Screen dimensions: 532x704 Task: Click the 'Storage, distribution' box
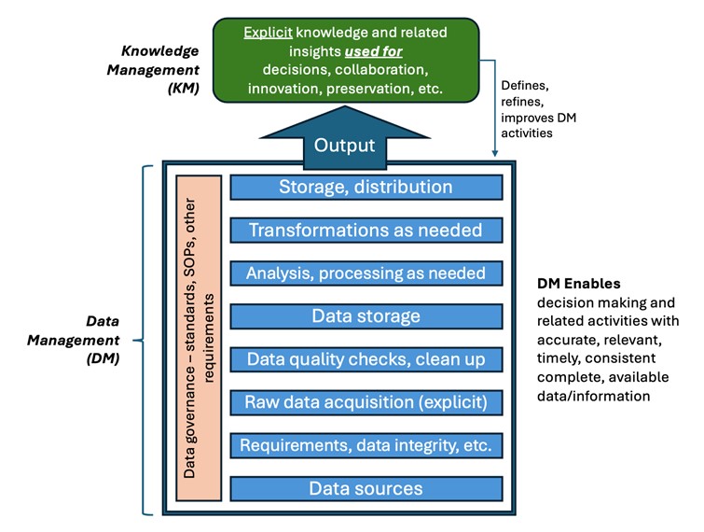(366, 187)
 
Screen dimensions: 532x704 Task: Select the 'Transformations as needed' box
(366, 230)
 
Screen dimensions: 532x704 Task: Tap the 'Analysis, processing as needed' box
(366, 273)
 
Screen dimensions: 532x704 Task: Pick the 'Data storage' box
(366, 316)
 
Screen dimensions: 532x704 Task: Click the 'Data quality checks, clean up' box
(366, 359)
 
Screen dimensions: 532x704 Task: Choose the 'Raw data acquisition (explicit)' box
(366, 402)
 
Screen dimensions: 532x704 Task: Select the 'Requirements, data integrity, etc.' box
(366, 445)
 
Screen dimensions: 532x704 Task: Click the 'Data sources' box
(366, 488)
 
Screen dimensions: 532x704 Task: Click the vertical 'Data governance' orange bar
(198, 337)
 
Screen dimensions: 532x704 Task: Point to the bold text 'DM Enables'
(578, 283)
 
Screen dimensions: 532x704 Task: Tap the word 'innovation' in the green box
(289, 89)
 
